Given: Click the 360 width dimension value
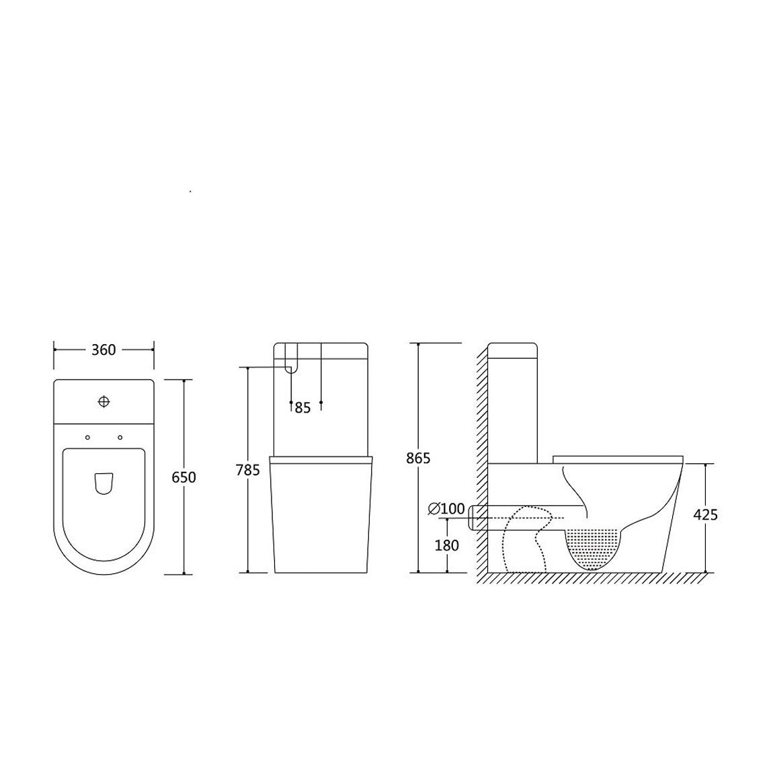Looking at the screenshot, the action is click(104, 350).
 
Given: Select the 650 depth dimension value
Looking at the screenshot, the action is click(184, 478).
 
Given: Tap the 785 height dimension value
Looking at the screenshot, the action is click(247, 471).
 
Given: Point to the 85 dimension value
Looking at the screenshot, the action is click(302, 408).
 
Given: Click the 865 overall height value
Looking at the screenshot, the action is click(418, 458).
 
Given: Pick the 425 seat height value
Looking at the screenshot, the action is click(706, 515).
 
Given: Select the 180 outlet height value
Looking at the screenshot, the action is click(446, 545).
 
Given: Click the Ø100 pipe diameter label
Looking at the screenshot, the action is click(446, 508).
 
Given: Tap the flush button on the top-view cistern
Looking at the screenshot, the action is click(104, 402).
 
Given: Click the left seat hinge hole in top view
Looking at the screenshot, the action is click(88, 438).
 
